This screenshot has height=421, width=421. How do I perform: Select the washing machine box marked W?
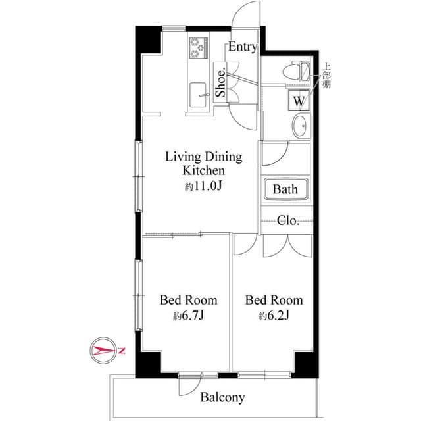299,101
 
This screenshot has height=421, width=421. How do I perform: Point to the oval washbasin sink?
301,126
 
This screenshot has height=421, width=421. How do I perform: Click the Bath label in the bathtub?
285,189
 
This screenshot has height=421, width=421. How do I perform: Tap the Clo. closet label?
287,220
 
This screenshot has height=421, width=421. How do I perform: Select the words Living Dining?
203,157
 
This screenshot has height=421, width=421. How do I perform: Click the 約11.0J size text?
203,187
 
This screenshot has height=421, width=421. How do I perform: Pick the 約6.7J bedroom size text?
189,316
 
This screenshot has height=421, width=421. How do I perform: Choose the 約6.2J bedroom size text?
274,316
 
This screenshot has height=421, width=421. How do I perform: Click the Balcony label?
222,397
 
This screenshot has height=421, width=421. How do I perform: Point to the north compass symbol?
106,350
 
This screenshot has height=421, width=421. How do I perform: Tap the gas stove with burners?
198,47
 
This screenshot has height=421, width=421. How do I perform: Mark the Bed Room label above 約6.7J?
189,301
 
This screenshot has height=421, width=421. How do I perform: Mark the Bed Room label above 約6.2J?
274,301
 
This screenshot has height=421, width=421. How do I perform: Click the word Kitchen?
203,171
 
